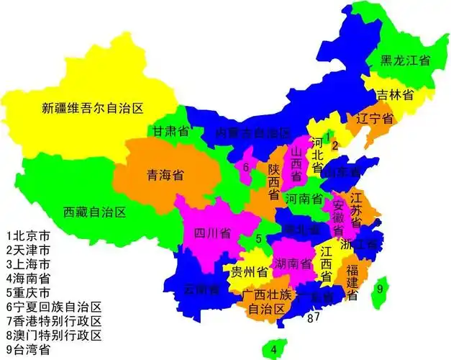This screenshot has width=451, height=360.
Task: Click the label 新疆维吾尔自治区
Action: click(93, 109)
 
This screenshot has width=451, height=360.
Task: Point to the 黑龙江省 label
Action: click(405, 61)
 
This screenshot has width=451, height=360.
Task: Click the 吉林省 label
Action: click(398, 95)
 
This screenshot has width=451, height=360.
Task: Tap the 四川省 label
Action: click(211, 233)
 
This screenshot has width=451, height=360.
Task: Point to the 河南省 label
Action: click(304, 197)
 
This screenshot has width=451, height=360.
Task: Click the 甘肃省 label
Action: click(170, 132)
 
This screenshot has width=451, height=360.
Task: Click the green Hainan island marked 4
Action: click(273, 348)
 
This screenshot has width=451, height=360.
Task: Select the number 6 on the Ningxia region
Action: click(246, 167)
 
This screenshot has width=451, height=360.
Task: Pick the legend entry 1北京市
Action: click(28, 235)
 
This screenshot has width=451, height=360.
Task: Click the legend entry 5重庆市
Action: click(28, 293)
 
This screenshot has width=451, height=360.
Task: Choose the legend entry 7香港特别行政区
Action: click(54, 321)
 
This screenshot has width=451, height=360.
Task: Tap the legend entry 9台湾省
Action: click(28, 350)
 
